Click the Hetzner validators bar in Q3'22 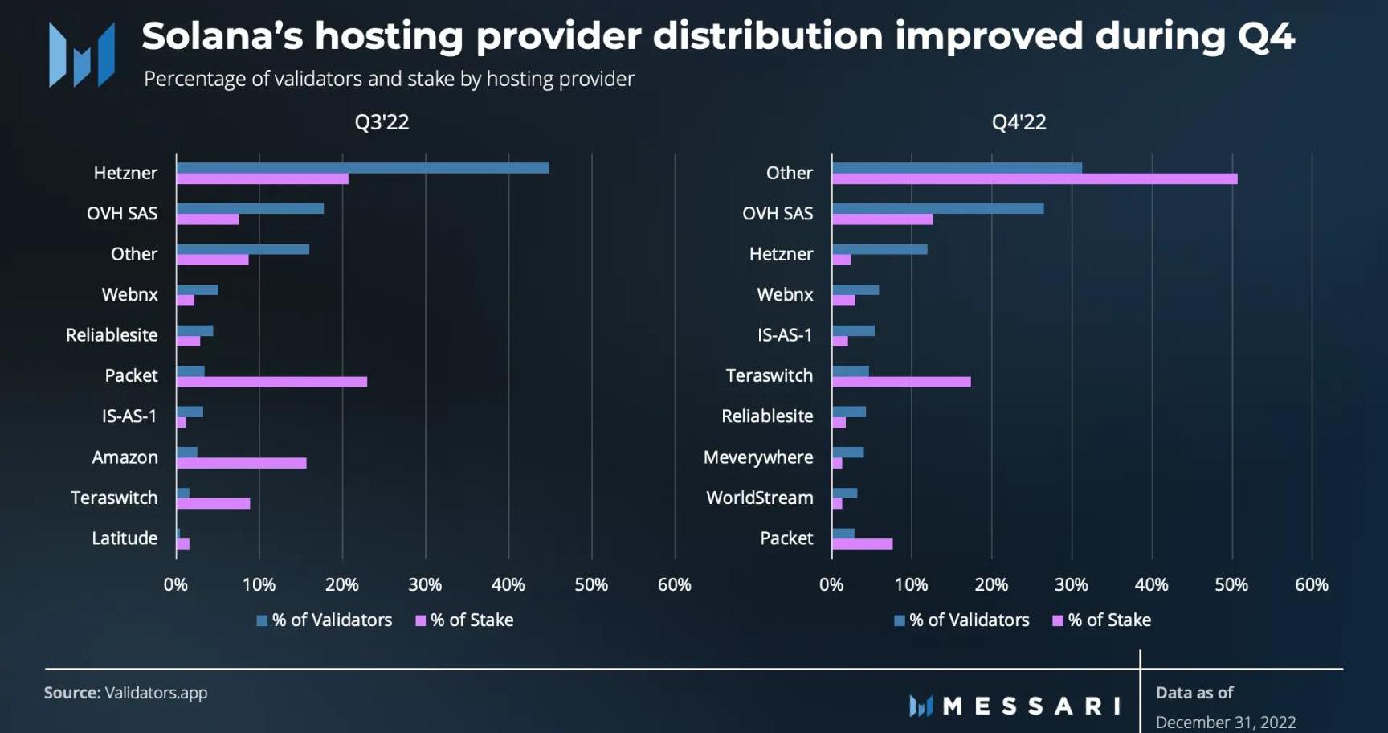[362, 168]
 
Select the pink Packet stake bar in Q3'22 [271, 382]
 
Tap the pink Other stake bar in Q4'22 [1035, 178]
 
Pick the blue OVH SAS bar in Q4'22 [937, 208]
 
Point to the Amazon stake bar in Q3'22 [241, 463]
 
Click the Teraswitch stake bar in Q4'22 [901, 382]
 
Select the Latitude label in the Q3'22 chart [125, 538]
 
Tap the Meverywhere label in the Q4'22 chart [758, 457]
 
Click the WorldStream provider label [760, 498]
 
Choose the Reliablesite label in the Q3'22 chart [112, 335]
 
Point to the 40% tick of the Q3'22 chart [508, 585]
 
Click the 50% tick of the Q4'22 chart [1231, 585]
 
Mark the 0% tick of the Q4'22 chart [831, 585]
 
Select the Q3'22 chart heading [382, 122]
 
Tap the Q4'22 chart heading [1019, 122]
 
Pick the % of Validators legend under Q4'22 [961, 620]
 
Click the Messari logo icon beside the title [81, 55]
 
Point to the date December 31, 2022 [1226, 722]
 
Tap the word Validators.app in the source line [156, 693]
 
